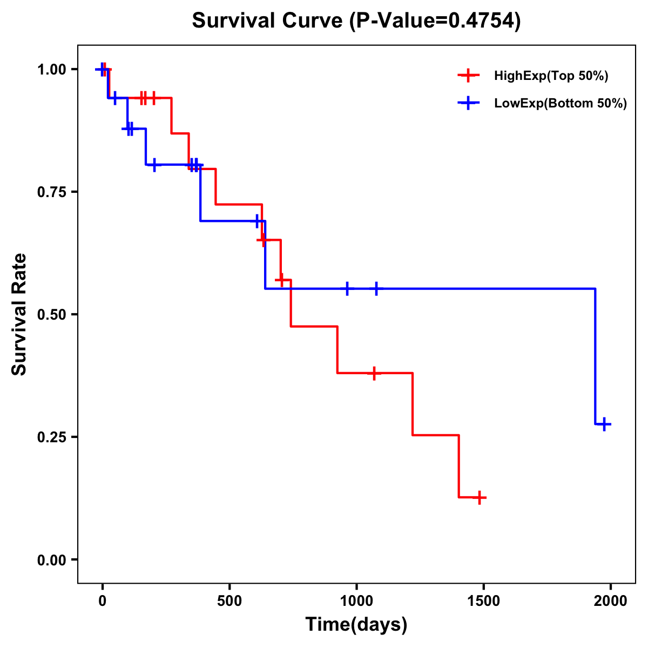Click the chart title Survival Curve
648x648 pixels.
click(x=268, y=21)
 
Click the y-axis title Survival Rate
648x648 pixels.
click(x=19, y=314)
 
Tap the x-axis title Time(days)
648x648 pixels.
click(x=356, y=624)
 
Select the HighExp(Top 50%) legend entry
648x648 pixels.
click(x=551, y=76)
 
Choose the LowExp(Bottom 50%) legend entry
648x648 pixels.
click(x=560, y=103)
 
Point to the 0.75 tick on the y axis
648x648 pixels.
click(x=53, y=192)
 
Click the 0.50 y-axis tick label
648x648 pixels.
click(x=53, y=314)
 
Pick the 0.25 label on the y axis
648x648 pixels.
click(x=53, y=437)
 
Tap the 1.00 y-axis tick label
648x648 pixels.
click(x=53, y=69)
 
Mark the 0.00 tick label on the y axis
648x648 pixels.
click(x=53, y=559)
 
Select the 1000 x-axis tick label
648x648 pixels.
click(x=356, y=601)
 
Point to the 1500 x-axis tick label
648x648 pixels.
click(x=483, y=601)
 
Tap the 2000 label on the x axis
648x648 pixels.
click(x=610, y=601)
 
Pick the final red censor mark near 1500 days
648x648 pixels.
click(x=479, y=497)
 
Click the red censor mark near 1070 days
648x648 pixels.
click(x=374, y=373)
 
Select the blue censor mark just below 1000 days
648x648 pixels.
click(x=347, y=289)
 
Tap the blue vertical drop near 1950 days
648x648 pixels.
click(x=595, y=356)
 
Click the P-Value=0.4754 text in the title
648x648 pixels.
click(x=435, y=21)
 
